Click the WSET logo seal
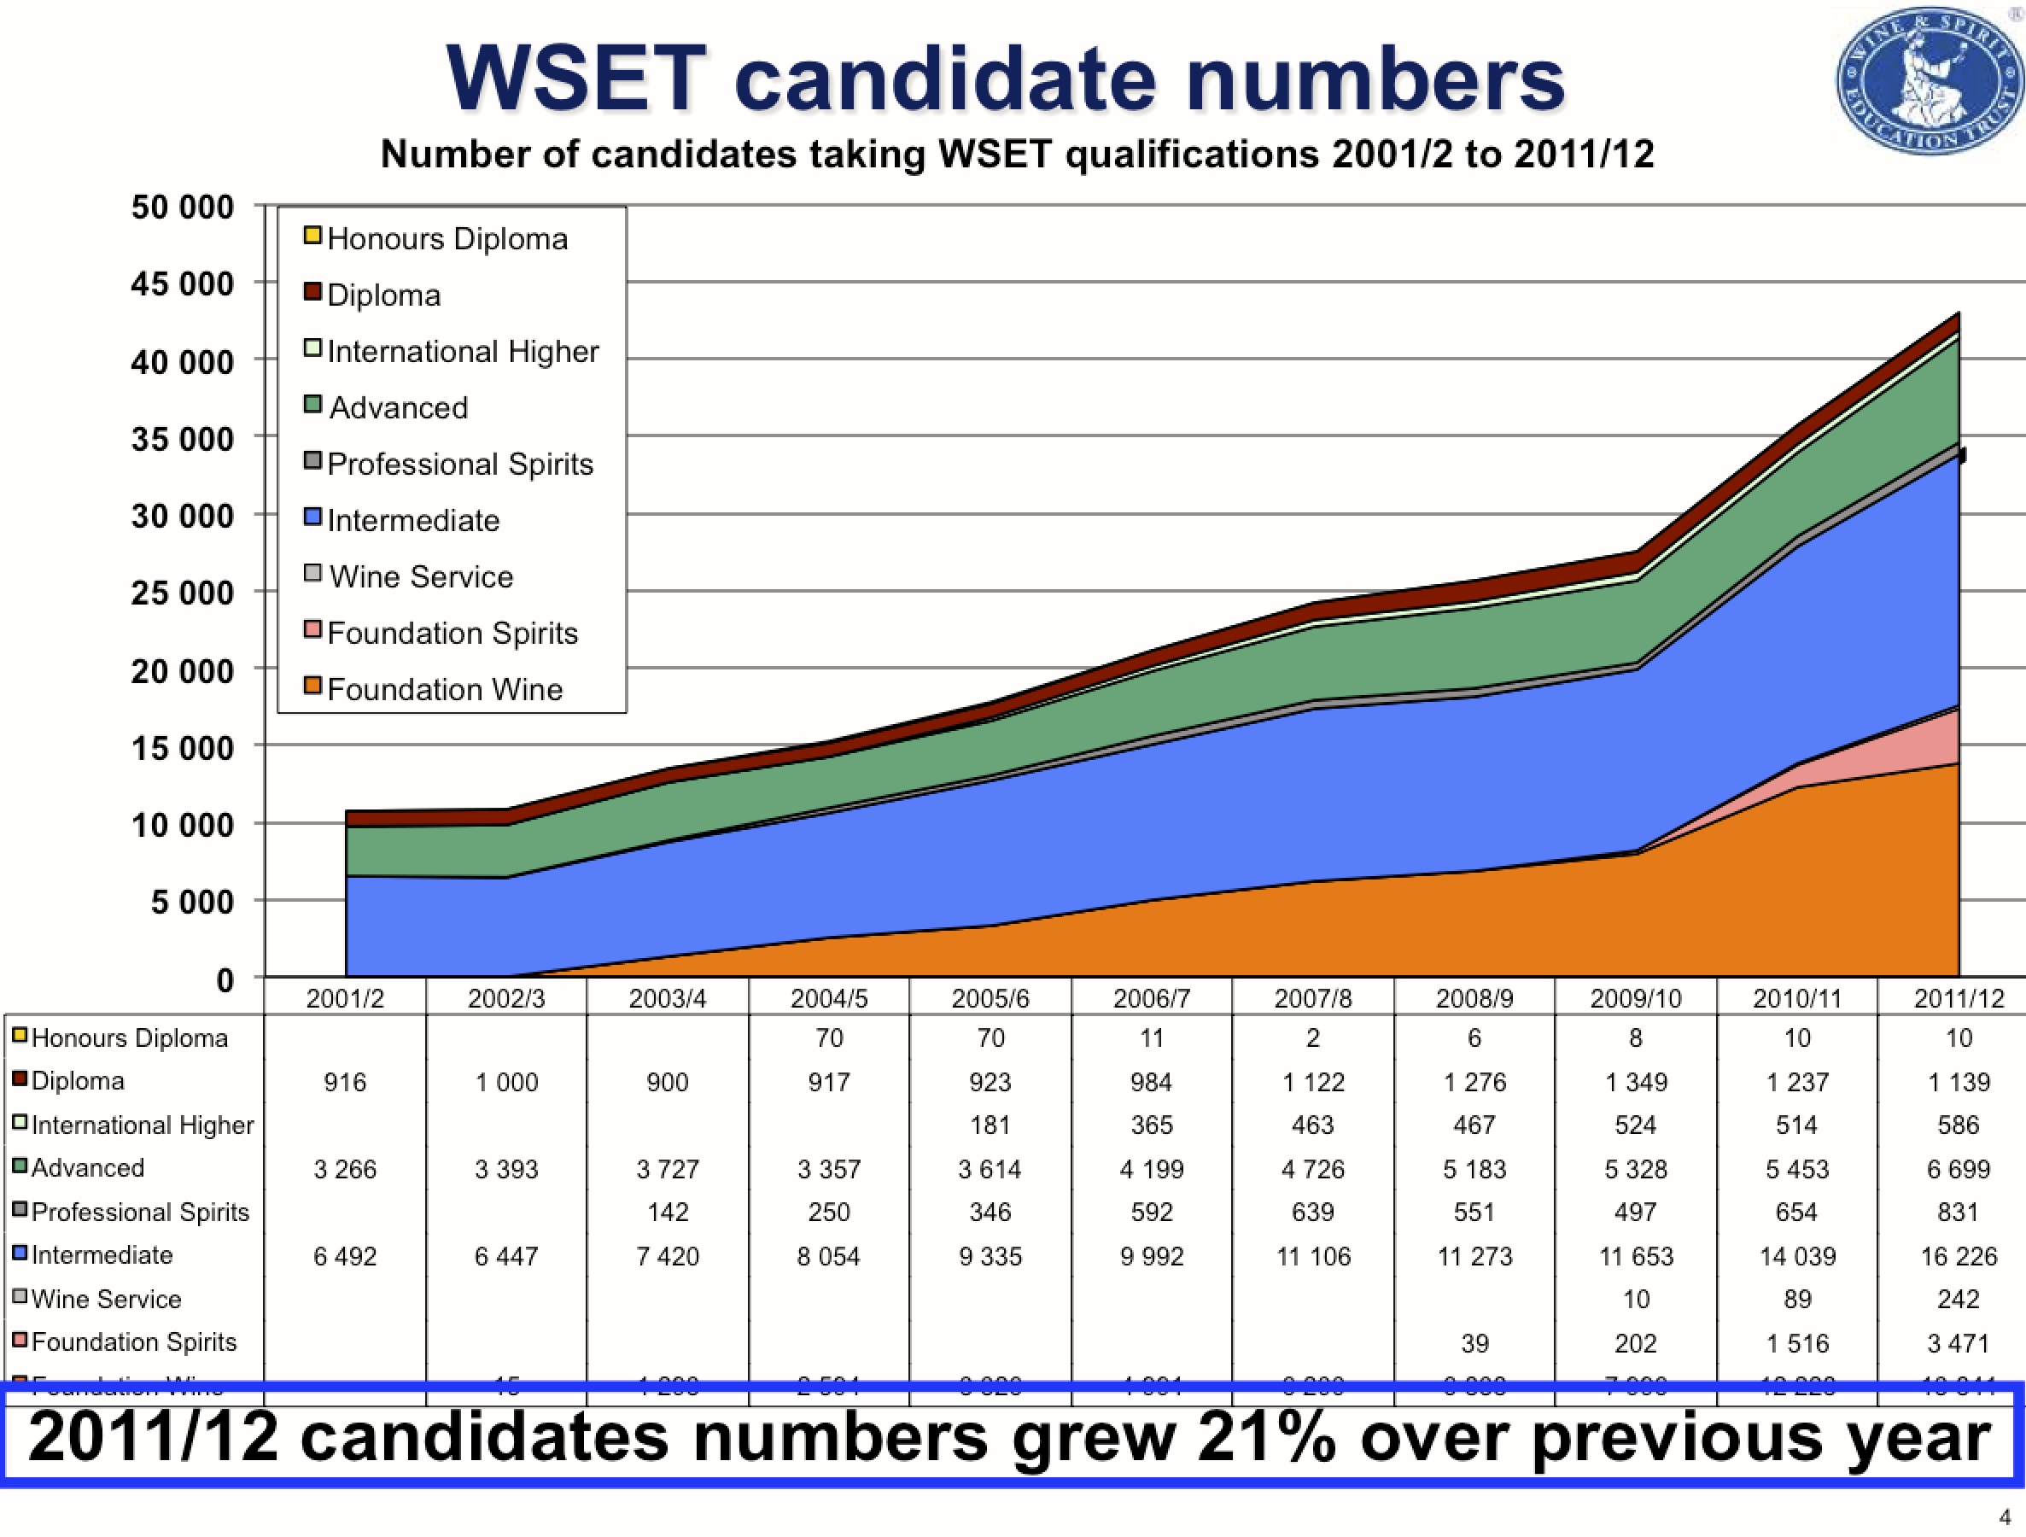click(1928, 80)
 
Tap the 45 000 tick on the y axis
click(182, 284)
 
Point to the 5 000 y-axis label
click(192, 903)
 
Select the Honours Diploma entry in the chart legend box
click(447, 239)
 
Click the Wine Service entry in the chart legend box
click(420, 577)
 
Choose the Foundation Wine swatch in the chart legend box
click(313, 687)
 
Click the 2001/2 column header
click(344, 998)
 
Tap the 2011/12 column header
click(1959, 998)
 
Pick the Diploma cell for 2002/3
click(505, 1083)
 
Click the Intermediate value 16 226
click(1959, 1257)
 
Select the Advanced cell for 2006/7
click(1151, 1170)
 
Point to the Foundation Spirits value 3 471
click(1959, 1344)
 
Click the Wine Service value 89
click(1797, 1300)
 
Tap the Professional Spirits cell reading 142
click(668, 1213)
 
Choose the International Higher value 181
click(990, 1125)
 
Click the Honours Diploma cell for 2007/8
click(1312, 1038)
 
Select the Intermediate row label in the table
click(102, 1256)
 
